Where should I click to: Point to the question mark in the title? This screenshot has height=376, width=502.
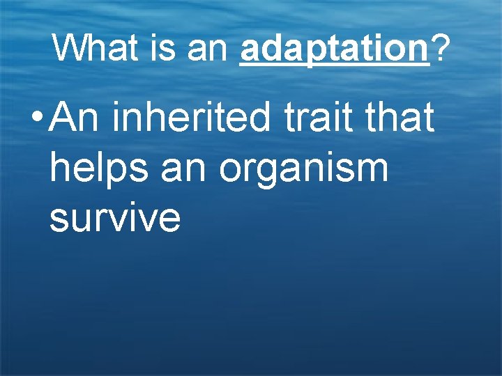click(440, 48)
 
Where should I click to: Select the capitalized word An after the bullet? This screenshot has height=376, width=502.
click(76, 117)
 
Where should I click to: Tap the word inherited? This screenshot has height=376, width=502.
click(190, 117)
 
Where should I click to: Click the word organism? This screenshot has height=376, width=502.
click(303, 170)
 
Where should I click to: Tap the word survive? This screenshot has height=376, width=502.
click(115, 218)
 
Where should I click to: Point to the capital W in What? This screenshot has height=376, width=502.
click(68, 48)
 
